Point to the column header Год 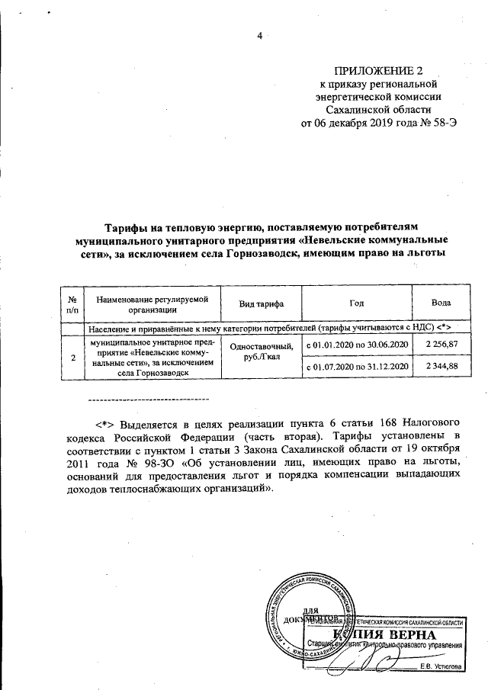point(356,303)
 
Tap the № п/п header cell point(72,303)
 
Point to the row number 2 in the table point(72,356)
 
